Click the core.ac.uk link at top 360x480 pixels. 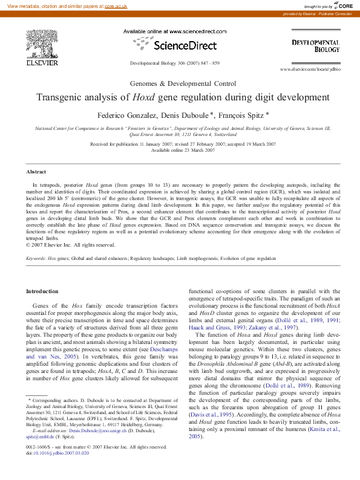pos(116,5)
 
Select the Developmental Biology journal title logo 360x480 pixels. pos(315,46)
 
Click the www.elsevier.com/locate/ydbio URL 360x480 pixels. pos(310,70)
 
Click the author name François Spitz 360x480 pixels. pos(243,114)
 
